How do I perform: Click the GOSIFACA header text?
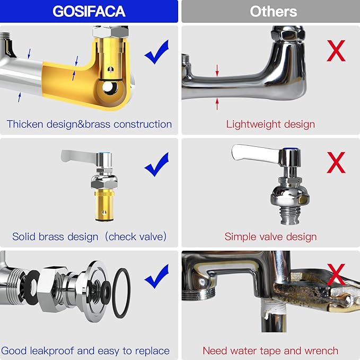[89, 11]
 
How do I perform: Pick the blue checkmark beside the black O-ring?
[156, 276]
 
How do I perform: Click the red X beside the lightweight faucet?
[336, 50]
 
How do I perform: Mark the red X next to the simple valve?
[336, 162]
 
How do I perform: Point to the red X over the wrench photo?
[336, 274]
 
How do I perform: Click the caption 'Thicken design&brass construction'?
[89, 124]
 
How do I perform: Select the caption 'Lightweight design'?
[270, 124]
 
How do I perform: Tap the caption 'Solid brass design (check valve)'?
[89, 236]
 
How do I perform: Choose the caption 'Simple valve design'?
[270, 236]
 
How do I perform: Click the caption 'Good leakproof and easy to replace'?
[85, 350]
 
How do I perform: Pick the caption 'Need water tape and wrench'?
[270, 350]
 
